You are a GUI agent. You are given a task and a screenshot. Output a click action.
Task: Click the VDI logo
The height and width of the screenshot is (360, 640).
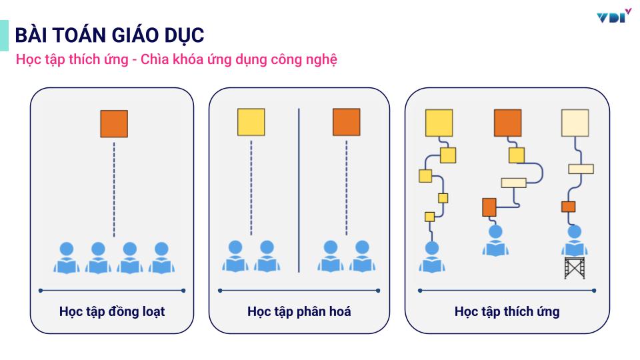(614, 16)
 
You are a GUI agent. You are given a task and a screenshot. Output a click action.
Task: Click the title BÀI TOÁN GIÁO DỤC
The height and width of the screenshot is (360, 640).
(110, 35)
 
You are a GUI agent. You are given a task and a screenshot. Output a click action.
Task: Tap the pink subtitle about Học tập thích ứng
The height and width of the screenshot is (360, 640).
(177, 59)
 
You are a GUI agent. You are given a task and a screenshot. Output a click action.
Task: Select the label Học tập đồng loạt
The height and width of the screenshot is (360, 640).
(112, 311)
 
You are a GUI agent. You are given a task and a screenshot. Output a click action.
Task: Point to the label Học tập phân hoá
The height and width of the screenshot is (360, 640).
(299, 311)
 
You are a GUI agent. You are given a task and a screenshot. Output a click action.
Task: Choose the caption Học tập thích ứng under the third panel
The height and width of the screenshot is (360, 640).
(507, 311)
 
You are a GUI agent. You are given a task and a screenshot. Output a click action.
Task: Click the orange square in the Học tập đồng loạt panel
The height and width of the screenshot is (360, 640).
(114, 123)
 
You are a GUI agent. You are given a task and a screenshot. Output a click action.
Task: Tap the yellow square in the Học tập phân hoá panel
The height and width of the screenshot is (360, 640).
(251, 122)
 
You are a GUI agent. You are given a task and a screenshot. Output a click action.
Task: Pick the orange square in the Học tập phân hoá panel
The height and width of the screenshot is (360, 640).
(346, 122)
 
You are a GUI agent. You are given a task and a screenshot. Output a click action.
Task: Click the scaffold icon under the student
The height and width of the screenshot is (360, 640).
(574, 267)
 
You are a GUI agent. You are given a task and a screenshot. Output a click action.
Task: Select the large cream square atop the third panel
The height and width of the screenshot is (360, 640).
(575, 123)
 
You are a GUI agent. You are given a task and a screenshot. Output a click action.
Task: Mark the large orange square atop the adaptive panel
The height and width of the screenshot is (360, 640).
(507, 123)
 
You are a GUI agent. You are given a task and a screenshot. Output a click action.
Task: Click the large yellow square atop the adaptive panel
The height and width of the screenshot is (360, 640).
(439, 123)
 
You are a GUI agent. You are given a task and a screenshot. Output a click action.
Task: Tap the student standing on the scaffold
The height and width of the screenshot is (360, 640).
(574, 241)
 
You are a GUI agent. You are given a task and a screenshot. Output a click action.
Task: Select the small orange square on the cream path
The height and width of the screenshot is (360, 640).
(568, 206)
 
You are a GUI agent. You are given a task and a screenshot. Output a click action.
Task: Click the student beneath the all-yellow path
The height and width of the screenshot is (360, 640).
(432, 257)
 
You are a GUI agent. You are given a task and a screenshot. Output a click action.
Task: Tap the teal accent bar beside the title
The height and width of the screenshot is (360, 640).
(4, 35)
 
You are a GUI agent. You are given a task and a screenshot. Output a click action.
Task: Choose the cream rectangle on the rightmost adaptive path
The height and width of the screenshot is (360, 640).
(581, 169)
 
